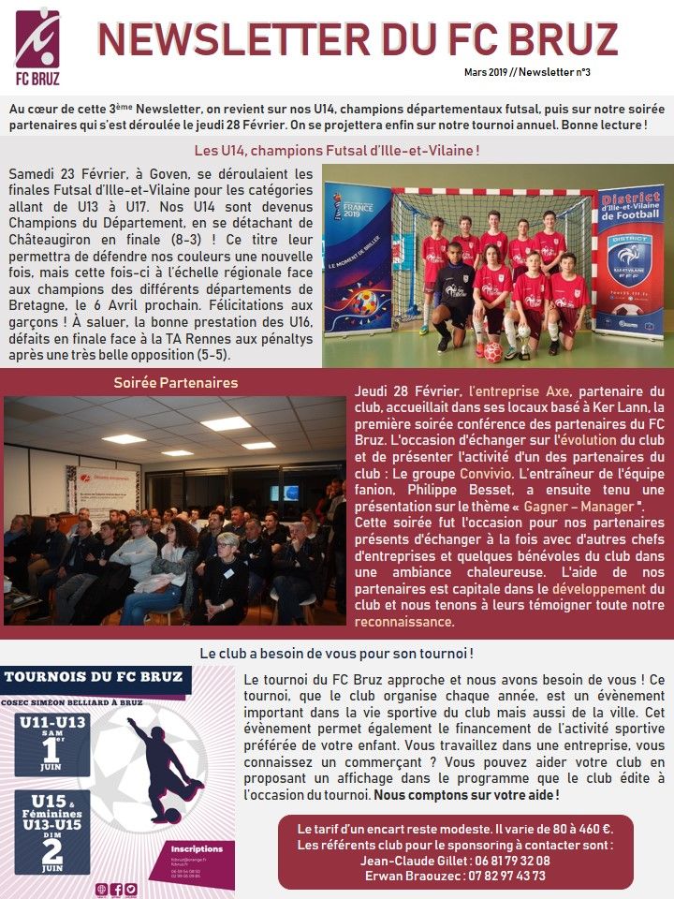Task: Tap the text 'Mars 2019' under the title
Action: (489, 72)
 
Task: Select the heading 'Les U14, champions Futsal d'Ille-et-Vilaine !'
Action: (337, 150)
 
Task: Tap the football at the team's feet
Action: (492, 352)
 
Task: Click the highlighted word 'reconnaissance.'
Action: (403, 622)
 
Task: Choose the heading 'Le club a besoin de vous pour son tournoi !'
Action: (337, 653)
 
